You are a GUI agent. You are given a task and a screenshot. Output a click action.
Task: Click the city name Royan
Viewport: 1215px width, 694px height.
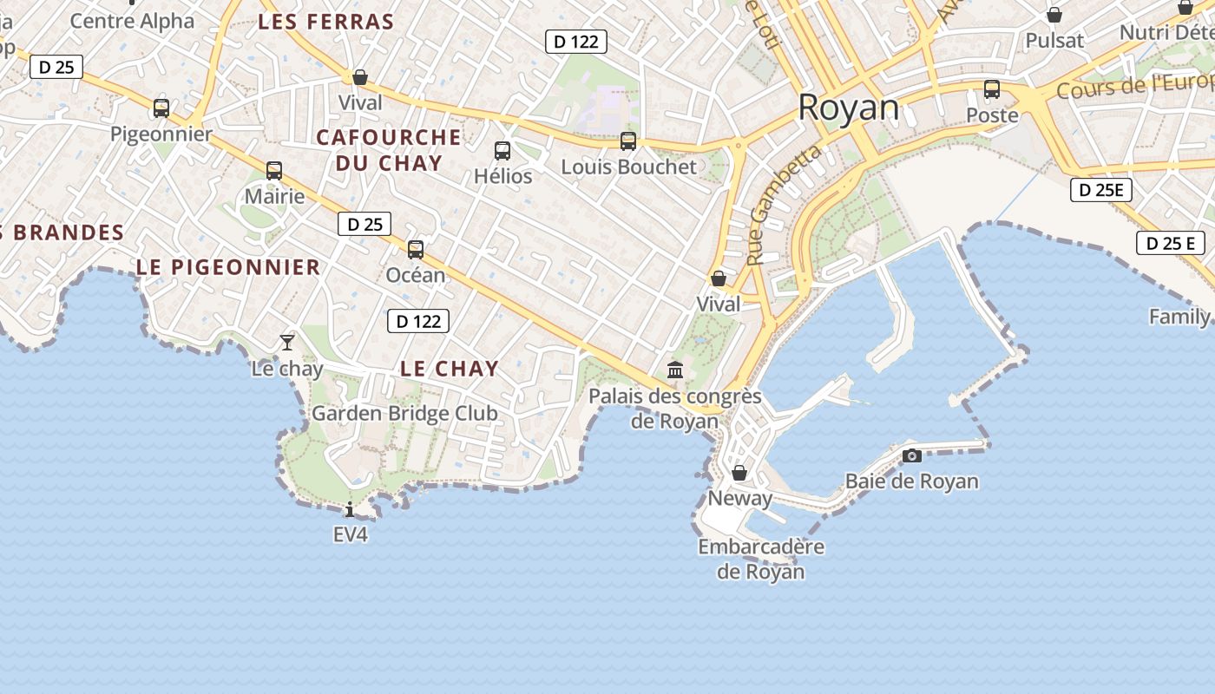point(848,108)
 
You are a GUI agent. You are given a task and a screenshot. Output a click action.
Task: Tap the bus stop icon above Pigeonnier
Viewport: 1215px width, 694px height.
point(161,108)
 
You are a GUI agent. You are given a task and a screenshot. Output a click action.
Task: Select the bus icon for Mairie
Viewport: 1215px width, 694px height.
point(274,171)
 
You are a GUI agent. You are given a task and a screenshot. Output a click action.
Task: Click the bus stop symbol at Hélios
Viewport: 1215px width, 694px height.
point(502,151)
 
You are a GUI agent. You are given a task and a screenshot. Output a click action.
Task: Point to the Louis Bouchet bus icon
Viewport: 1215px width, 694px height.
point(628,141)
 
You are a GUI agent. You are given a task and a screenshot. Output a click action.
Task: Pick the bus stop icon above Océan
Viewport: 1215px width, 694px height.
point(416,250)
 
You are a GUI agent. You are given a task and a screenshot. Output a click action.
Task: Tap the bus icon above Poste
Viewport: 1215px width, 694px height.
point(992,89)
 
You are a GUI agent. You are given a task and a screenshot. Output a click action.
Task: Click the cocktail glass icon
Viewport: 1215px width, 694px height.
point(287,342)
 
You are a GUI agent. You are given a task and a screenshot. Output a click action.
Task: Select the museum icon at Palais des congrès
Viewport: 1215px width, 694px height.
point(675,370)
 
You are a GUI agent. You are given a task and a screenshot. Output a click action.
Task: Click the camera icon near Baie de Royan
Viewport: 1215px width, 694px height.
point(912,455)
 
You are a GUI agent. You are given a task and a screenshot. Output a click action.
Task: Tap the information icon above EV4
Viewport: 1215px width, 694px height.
point(350,509)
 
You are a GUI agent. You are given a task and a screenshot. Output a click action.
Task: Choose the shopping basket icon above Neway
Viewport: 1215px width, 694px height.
point(739,473)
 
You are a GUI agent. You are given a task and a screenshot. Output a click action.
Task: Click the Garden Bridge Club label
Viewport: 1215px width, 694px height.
point(404,413)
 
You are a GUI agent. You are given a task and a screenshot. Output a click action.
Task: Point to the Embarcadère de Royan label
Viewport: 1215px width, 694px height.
point(761,560)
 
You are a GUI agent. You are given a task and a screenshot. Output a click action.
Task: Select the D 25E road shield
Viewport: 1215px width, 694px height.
point(1101,190)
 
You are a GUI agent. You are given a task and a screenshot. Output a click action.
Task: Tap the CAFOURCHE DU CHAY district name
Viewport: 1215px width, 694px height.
point(388,150)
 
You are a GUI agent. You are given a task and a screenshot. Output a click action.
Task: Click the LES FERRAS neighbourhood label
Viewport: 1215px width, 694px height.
point(325,23)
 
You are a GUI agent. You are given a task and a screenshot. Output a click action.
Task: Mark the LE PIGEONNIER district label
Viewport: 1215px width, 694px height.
point(228,267)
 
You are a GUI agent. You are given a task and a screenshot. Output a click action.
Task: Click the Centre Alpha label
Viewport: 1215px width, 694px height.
point(132,21)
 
